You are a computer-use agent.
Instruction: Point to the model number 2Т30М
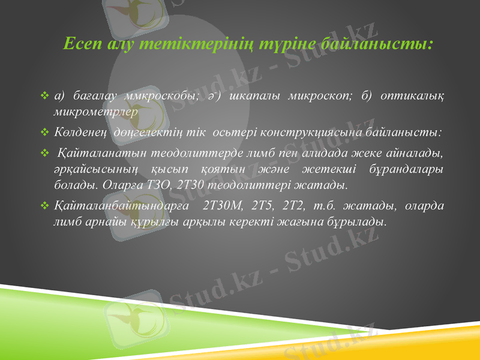coord(223,206)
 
